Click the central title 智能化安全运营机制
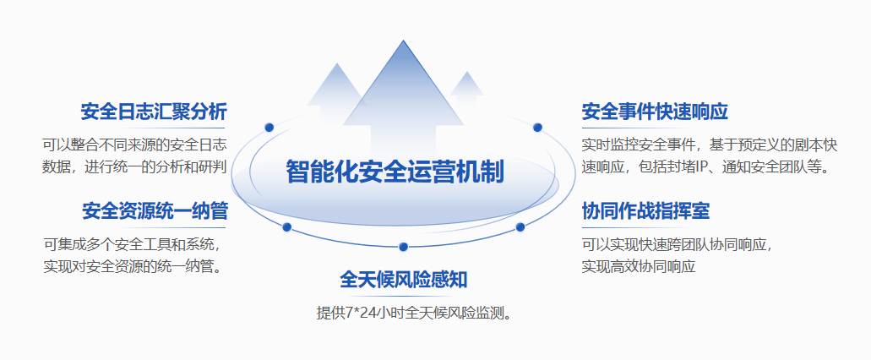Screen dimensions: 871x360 click(x=395, y=172)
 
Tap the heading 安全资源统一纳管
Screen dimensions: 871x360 click(x=155, y=211)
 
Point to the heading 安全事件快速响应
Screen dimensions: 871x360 click(x=655, y=112)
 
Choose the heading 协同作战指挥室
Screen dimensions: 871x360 click(x=645, y=211)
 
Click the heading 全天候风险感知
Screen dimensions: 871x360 click(x=403, y=280)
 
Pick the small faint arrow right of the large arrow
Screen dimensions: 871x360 click(x=466, y=89)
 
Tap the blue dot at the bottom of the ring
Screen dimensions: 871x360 click(x=403, y=247)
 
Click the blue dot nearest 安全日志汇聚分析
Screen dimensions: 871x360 click(x=269, y=128)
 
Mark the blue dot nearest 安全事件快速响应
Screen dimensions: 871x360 click(x=537, y=128)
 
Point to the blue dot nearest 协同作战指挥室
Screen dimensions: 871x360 click(x=520, y=226)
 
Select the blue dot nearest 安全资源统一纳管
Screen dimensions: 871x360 click(x=287, y=226)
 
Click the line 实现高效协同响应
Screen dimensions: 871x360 click(x=639, y=266)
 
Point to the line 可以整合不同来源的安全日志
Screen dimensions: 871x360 click(x=135, y=145)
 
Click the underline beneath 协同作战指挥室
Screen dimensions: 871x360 click(x=637, y=228)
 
